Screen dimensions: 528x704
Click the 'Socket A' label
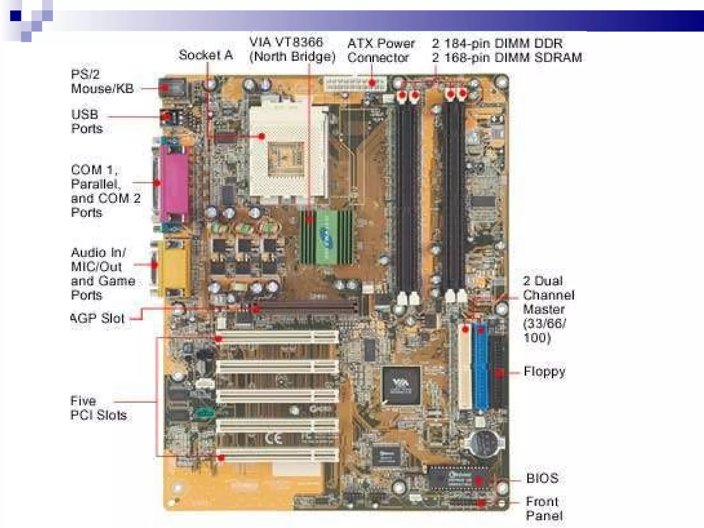(x=206, y=55)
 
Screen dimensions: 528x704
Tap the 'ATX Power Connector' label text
(x=381, y=50)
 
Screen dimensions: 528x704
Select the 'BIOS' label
(x=542, y=478)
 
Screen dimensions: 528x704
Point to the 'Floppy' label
(x=544, y=372)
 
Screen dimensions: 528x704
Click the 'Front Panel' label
(x=543, y=508)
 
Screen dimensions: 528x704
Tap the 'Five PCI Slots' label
(x=98, y=408)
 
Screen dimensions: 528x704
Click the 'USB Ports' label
(x=87, y=121)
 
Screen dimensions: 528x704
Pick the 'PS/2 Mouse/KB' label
(x=102, y=81)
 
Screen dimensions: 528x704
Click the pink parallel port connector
(x=177, y=184)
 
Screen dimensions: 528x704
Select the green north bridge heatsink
(x=327, y=237)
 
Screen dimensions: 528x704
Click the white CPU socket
(x=287, y=151)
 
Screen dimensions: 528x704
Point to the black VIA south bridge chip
(x=401, y=385)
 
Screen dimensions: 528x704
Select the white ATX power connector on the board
(x=354, y=84)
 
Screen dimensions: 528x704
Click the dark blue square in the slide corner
(x=15, y=16)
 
